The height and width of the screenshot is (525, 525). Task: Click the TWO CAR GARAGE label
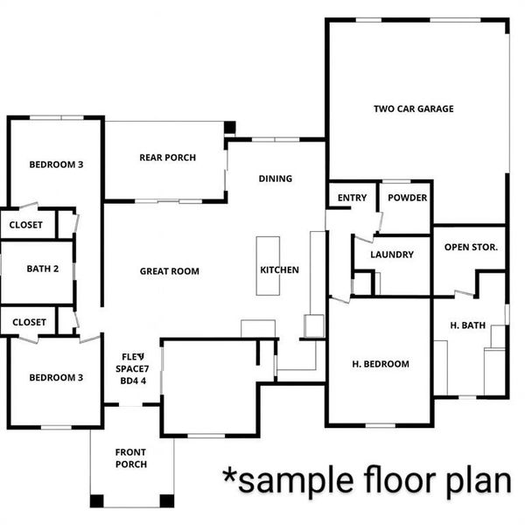pos(414,109)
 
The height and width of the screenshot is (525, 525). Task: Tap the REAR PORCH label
pos(167,158)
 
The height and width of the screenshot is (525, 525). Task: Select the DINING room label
pos(275,179)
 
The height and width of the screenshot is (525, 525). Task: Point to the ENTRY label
pos(352,199)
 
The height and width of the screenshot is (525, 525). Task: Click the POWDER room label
pos(407,199)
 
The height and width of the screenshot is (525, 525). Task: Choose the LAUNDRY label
pos(391,255)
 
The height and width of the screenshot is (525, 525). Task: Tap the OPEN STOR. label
pos(471,248)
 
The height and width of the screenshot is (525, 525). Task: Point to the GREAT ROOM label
pos(170,272)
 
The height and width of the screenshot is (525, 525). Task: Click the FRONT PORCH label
pos(131,458)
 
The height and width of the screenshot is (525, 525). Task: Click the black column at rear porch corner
pos(229,128)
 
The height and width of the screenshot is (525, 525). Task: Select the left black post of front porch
pos(96,501)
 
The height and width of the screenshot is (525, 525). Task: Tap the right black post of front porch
pos(166,501)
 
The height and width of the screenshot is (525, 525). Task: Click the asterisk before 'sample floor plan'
pos(229,477)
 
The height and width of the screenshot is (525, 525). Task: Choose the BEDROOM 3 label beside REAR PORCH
pos(56,164)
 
